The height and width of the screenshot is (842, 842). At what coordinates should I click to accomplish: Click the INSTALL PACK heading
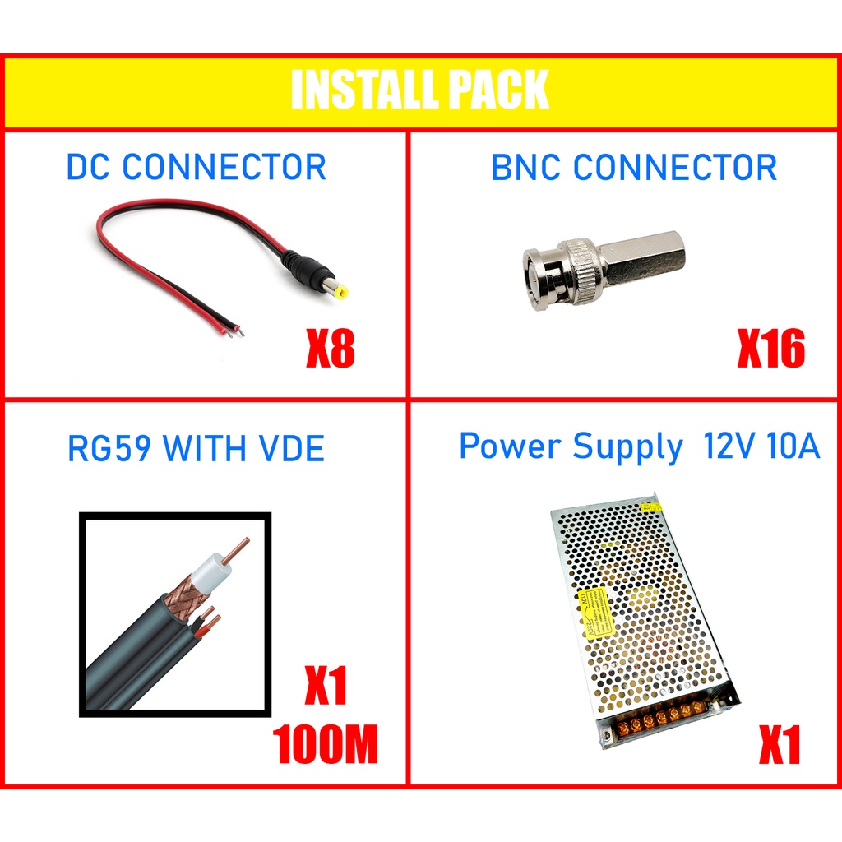pos(419,89)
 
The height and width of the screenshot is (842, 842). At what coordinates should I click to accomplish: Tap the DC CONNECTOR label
pos(196,167)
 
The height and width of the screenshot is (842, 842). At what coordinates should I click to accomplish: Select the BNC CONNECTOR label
pos(634,167)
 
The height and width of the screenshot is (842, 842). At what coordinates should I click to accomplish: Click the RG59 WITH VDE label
pos(196,448)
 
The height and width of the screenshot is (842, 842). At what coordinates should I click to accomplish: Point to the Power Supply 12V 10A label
pos(640,446)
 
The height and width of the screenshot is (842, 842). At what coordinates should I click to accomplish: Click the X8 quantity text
pos(331,348)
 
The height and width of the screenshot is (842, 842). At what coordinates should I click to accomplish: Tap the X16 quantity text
pos(771,348)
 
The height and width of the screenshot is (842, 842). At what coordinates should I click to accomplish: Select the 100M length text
pos(326,743)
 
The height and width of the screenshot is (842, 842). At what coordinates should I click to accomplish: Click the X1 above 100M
pos(326,685)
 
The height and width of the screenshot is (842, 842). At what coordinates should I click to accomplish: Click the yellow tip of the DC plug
pos(340,293)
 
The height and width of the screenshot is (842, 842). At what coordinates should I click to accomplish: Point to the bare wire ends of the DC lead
pos(234,331)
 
